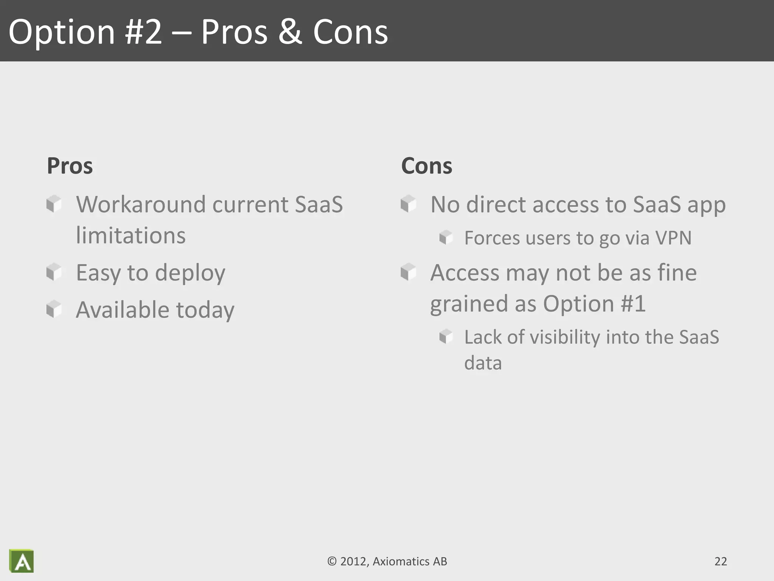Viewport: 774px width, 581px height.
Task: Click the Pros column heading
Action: tap(70, 166)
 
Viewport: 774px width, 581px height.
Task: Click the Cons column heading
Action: tap(426, 166)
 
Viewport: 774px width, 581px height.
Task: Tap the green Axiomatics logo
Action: tap(22, 561)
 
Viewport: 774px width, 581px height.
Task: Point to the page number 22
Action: tap(720, 561)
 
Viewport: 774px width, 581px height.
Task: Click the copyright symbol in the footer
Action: tap(332, 561)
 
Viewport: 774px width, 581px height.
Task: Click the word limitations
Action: tap(131, 236)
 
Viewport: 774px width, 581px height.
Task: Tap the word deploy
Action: tap(190, 273)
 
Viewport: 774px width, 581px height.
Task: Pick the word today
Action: tap(205, 310)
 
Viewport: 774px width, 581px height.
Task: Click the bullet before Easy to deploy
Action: tap(54, 272)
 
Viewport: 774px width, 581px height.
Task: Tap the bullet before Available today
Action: tap(54, 309)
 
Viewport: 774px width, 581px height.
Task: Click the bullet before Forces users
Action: tap(446, 238)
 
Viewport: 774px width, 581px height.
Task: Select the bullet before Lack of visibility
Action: tap(446, 336)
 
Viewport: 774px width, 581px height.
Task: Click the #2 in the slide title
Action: tap(144, 32)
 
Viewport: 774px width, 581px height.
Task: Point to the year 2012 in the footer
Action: tap(354, 561)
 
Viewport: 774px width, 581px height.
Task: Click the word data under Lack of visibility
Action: tap(483, 363)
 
